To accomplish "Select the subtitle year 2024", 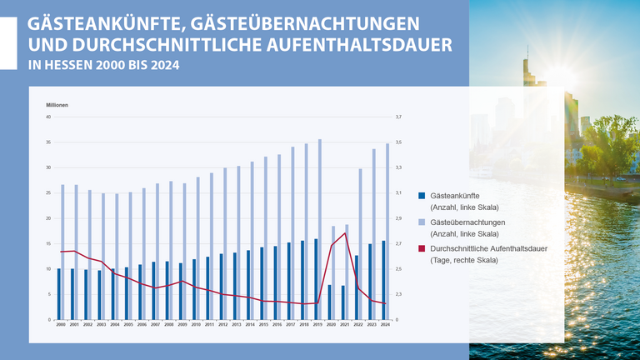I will pyautogui.click(x=165, y=64).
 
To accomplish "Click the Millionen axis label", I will pyautogui.click(x=57, y=104).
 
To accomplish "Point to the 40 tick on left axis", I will pyautogui.click(x=48, y=117).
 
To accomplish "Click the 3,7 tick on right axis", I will pyautogui.click(x=398, y=117).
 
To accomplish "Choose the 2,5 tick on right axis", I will pyautogui.click(x=398, y=269).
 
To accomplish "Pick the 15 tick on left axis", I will pyautogui.click(x=48, y=243).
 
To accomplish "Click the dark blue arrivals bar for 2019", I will pyautogui.click(x=316, y=279).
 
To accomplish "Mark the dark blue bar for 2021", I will pyautogui.click(x=342, y=302).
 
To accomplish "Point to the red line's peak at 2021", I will pyautogui.click(x=345, y=233).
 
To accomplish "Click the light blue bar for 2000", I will pyautogui.click(x=62, y=252).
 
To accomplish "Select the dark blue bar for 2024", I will pyautogui.click(x=383, y=280).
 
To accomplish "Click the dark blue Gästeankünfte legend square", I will pyautogui.click(x=422, y=196).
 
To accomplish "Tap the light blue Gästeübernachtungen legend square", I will pyautogui.click(x=422, y=222).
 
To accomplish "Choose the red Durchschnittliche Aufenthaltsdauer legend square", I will pyautogui.click(x=422, y=249).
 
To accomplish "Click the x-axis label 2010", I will pyautogui.click(x=195, y=324).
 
